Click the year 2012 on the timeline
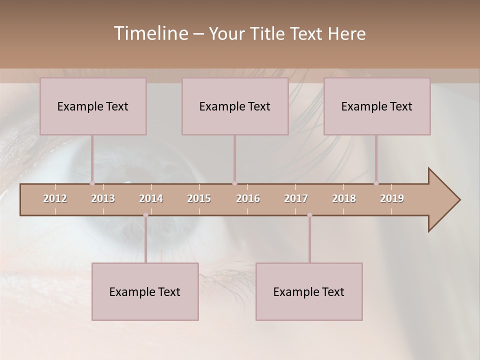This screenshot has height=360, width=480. click(55, 198)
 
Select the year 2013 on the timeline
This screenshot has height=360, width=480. click(103, 198)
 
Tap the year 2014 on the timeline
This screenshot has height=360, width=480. click(151, 198)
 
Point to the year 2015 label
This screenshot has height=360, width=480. click(199, 198)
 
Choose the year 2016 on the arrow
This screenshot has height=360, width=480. click(248, 198)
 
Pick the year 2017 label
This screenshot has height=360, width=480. click(296, 198)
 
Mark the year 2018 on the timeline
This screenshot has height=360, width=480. click(344, 198)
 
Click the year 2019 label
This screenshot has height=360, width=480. click(392, 198)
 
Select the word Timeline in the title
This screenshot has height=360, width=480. click(150, 33)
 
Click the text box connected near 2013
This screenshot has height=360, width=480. click(93, 106)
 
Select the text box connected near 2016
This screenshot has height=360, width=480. click(235, 106)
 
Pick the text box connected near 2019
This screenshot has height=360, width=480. click(377, 106)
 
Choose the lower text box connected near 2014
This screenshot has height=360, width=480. click(145, 291)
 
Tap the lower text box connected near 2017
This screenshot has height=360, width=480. click(309, 291)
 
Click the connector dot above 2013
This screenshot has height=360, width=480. click(92, 183)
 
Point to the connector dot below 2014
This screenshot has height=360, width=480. click(145, 215)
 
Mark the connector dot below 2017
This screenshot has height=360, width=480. click(309, 215)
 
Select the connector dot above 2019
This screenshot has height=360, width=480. click(376, 183)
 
